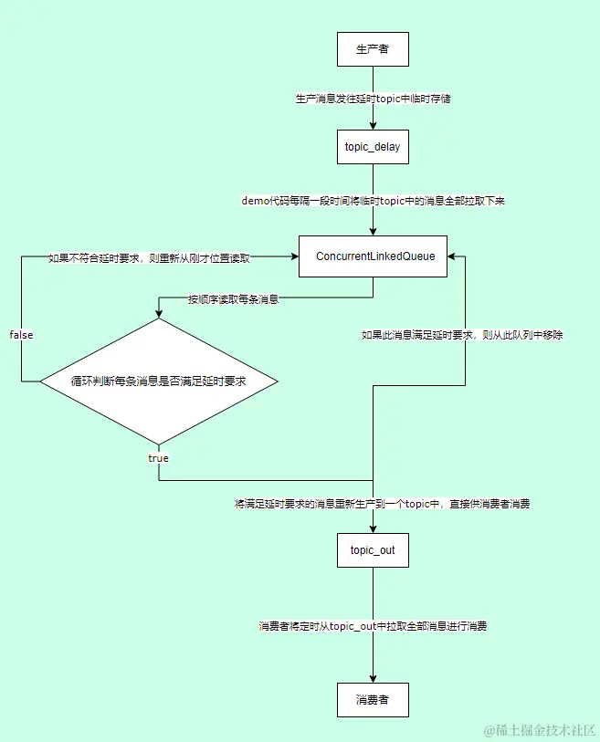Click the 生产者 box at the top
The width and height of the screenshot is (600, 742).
(x=373, y=49)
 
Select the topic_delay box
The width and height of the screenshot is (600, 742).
(x=373, y=147)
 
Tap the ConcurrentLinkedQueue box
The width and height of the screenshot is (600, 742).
(x=373, y=257)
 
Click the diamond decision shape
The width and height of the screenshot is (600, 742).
(x=158, y=381)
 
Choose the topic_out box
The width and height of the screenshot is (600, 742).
(x=373, y=552)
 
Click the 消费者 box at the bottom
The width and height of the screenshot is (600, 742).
(x=373, y=700)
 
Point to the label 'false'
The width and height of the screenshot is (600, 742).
(x=21, y=335)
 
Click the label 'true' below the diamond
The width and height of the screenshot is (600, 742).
(x=158, y=457)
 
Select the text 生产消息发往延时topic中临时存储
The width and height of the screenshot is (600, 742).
(x=373, y=99)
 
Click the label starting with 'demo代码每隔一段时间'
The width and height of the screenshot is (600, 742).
(x=373, y=201)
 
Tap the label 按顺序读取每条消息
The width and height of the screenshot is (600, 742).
(x=234, y=298)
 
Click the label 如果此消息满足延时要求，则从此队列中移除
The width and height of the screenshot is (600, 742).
(x=463, y=335)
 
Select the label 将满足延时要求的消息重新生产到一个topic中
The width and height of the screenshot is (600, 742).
(x=382, y=504)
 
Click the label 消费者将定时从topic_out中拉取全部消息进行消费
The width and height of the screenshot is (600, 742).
(x=373, y=626)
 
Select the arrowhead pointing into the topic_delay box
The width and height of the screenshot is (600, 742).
(x=373, y=125)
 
